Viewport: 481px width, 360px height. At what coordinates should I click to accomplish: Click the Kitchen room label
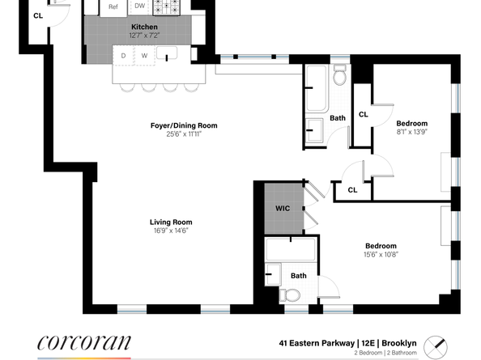click(x=144, y=27)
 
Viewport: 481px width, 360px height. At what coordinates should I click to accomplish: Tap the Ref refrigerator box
click(x=113, y=6)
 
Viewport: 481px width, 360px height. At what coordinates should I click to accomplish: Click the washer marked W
click(x=143, y=56)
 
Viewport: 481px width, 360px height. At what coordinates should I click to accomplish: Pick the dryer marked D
click(x=124, y=56)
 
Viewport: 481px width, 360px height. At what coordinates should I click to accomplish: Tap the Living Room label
click(x=170, y=222)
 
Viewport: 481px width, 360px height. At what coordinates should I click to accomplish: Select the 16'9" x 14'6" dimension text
click(x=170, y=231)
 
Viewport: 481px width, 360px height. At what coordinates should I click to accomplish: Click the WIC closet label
click(x=282, y=208)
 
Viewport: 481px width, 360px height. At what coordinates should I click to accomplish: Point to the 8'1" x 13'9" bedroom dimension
click(x=411, y=131)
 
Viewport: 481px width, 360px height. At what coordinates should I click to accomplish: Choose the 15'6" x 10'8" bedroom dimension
click(x=380, y=254)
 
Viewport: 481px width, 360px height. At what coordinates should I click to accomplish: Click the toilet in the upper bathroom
click(x=340, y=77)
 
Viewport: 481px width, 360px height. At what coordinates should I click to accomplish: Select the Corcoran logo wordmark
click(x=83, y=341)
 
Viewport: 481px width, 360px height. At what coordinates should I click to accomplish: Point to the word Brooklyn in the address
click(x=399, y=343)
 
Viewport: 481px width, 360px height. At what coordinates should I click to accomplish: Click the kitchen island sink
click(x=168, y=55)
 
